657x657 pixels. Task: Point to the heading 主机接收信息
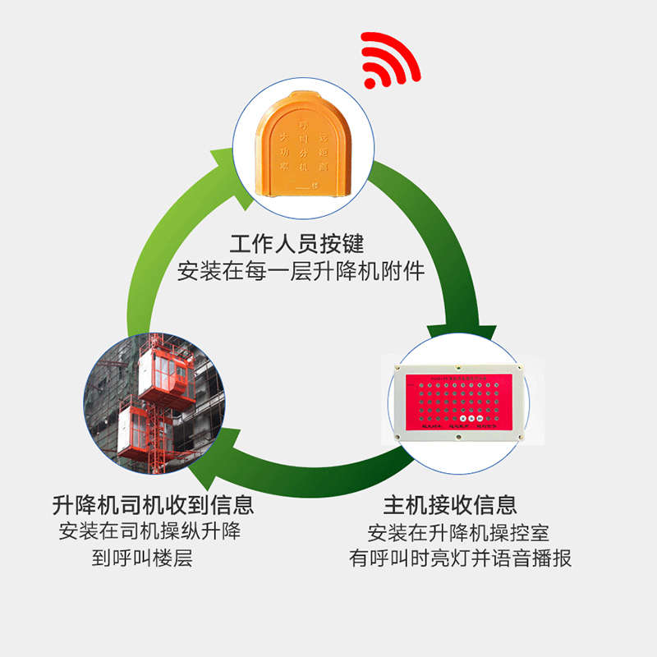coord(450,503)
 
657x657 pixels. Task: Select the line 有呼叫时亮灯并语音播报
coord(460,558)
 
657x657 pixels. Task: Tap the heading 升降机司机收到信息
coord(153,503)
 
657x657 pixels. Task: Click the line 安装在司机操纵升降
coord(149,531)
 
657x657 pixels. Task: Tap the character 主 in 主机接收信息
coord(393,503)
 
